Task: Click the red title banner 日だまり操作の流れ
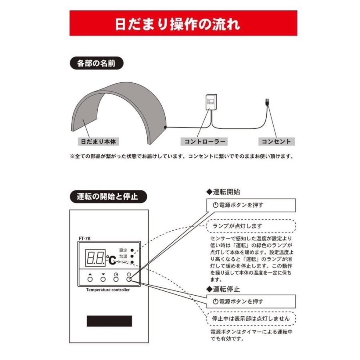183,24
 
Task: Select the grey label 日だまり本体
98,142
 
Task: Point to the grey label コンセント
276,142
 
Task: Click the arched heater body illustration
120,108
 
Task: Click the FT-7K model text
85,238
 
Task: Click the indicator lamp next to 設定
132,250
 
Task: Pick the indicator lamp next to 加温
132,256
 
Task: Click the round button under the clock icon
116,280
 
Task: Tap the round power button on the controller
129,280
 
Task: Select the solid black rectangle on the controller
109,321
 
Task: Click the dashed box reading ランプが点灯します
251,226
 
